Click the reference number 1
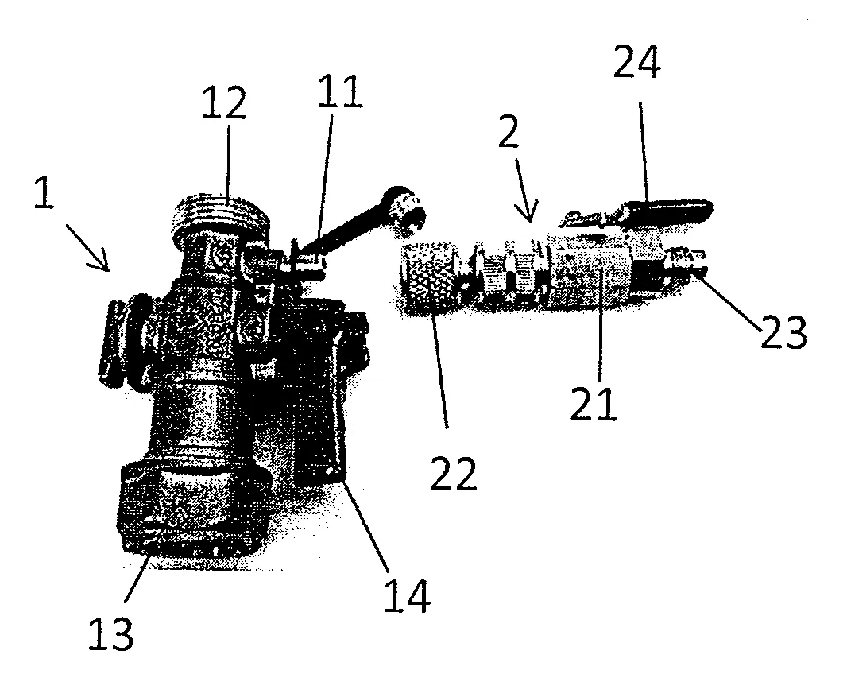coord(44,193)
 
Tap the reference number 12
coord(224,103)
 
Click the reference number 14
coord(407,596)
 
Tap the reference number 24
coord(637,62)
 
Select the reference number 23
coord(783,331)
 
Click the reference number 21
coord(593,403)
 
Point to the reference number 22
coord(453,473)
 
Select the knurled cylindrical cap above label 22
coord(430,277)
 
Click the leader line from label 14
coord(368,528)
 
